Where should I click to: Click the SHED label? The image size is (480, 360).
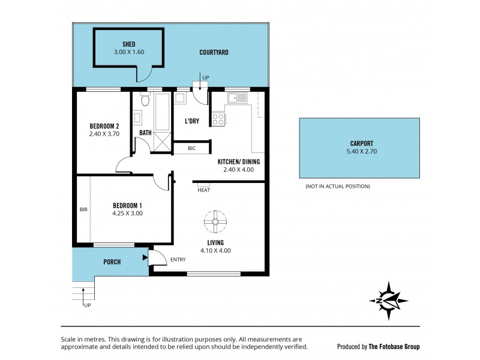click(129, 44)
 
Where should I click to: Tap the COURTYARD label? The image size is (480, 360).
click(214, 53)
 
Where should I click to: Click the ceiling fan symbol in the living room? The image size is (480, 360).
click(214, 221)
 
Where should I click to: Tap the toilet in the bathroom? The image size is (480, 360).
click(144, 99)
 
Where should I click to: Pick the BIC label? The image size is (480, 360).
click(191, 148)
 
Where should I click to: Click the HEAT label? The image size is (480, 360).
click(203, 190)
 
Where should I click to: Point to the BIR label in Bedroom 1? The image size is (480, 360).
click(83, 210)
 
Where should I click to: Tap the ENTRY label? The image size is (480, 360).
click(178, 260)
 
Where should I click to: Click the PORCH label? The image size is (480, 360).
click(112, 262)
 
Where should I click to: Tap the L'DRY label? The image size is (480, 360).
click(192, 121)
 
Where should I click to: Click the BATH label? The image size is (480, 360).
click(145, 133)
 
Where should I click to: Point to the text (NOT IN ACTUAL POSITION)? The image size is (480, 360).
click(338, 187)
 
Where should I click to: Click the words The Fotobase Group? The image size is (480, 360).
click(394, 347)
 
